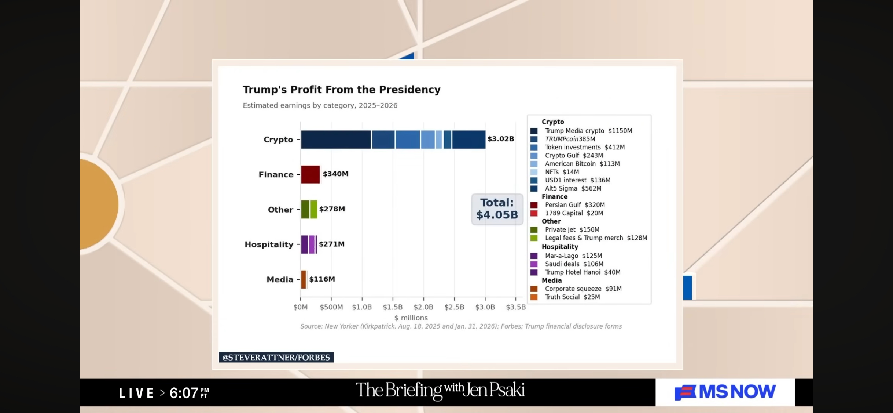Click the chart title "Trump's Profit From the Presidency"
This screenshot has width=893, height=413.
pyautogui.click(x=342, y=90)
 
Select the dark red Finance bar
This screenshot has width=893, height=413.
pyautogui.click(x=310, y=174)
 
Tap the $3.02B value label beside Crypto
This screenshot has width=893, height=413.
pyautogui.click(x=501, y=139)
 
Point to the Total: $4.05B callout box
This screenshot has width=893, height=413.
pyautogui.click(x=497, y=209)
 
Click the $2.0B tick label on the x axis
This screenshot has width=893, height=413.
pyautogui.click(x=423, y=307)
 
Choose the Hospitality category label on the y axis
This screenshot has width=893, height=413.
pyautogui.click(x=269, y=244)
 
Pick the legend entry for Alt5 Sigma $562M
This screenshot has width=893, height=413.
pyautogui.click(x=566, y=189)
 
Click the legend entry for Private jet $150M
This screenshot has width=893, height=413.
pyautogui.click(x=565, y=230)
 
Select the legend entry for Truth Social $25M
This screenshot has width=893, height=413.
pyautogui.click(x=565, y=297)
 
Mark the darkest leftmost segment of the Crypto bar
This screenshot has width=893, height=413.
pyautogui.click(x=336, y=140)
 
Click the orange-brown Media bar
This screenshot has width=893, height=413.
pyautogui.click(x=304, y=279)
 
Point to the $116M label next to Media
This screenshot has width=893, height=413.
pyautogui.click(x=322, y=279)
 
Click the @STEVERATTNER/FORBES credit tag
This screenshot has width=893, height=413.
pyautogui.click(x=276, y=357)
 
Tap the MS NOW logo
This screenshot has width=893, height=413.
pyautogui.click(x=725, y=392)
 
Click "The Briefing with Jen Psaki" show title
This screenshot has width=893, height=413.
pyautogui.click(x=440, y=391)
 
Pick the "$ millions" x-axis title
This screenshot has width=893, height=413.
pyautogui.click(x=411, y=318)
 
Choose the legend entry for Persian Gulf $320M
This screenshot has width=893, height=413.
pyautogui.click(x=567, y=205)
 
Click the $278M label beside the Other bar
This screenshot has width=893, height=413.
pyautogui.click(x=332, y=209)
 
